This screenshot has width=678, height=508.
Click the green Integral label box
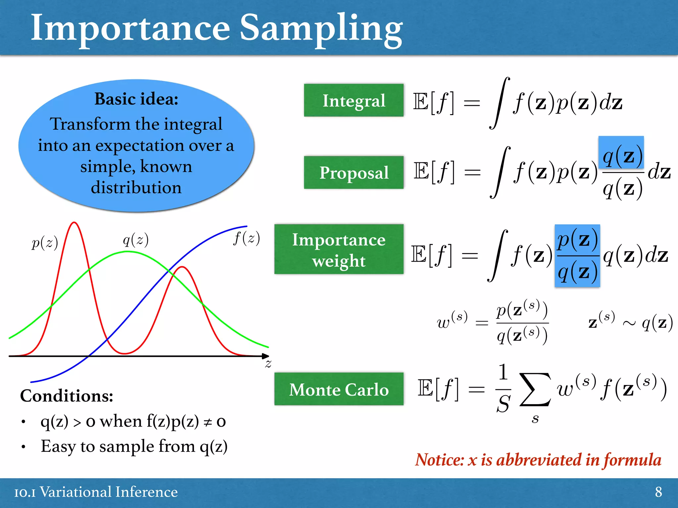click(354, 100)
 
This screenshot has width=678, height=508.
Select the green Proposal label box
click(354, 172)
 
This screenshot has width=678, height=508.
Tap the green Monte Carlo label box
click(339, 389)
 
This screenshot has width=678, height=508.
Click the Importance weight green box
click(339, 249)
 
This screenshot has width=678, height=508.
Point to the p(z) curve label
click(45, 243)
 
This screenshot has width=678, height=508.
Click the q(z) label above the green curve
click(135, 239)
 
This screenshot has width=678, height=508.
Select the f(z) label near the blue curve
click(246, 238)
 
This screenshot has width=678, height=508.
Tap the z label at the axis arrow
click(268, 364)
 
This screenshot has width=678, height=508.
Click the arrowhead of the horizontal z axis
click(266, 356)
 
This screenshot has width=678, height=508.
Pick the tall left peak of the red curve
click(74, 224)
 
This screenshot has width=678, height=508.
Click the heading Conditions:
click(67, 396)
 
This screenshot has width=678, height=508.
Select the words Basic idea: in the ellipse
click(136, 99)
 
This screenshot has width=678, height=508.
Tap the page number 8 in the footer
click(658, 492)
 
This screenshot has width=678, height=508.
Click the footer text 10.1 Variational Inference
click(96, 492)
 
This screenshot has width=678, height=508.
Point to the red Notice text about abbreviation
click(538, 460)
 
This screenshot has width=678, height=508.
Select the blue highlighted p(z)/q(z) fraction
click(577, 256)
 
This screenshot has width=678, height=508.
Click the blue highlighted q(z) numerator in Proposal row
click(621, 153)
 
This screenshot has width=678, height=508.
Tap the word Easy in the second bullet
click(58, 446)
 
